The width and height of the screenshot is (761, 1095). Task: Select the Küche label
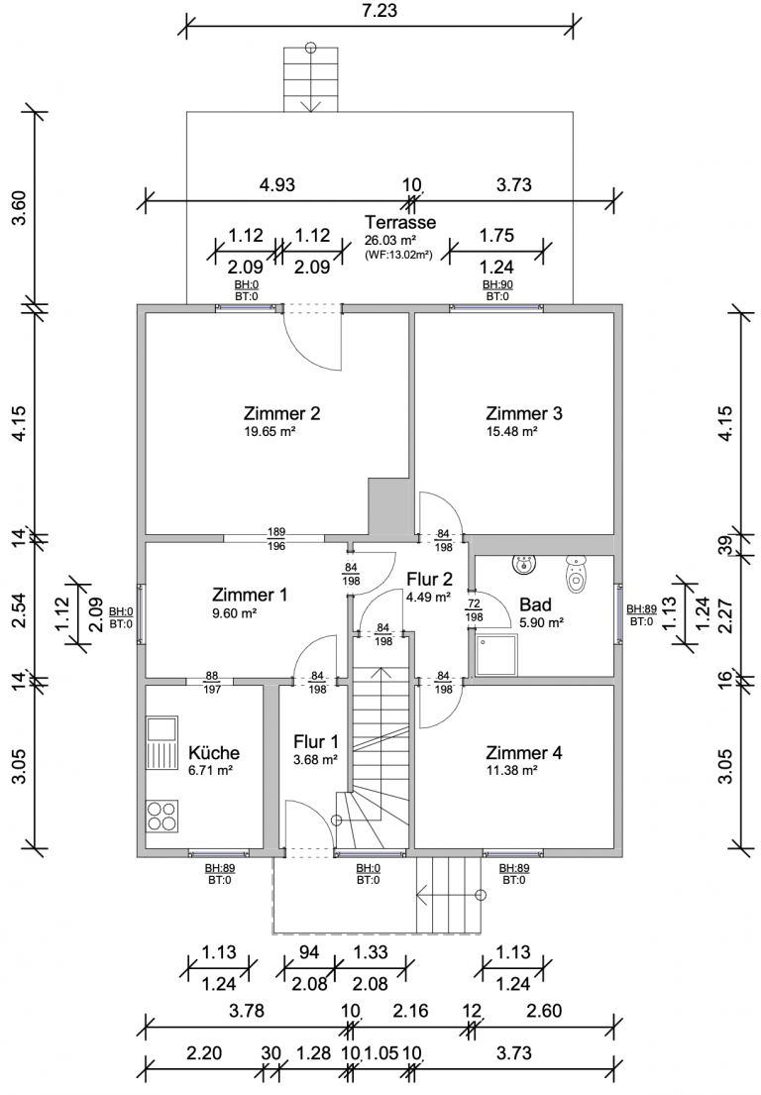click(207, 753)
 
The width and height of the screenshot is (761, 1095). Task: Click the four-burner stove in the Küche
click(163, 815)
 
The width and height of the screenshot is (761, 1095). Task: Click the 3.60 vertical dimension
click(19, 206)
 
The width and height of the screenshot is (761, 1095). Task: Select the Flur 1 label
click(316, 741)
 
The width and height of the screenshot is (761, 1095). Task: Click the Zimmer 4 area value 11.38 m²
click(511, 770)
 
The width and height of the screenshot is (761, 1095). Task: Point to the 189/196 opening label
click(275, 538)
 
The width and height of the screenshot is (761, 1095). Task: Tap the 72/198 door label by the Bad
click(475, 609)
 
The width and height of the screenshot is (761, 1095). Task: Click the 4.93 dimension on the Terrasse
click(277, 184)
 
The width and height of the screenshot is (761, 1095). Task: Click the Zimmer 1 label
click(250, 596)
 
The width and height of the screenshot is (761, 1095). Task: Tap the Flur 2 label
click(428, 580)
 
